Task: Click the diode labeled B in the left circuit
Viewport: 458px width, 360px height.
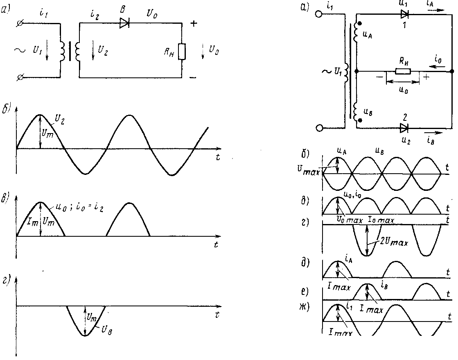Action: coord(124,23)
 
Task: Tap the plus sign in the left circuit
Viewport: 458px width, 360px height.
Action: coord(194,24)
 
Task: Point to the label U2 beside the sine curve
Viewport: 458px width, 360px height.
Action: coord(61,119)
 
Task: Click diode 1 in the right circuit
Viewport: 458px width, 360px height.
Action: coord(405,15)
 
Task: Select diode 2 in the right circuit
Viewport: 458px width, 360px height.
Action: coord(404,128)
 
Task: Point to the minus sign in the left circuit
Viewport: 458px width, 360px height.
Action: coord(193,77)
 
